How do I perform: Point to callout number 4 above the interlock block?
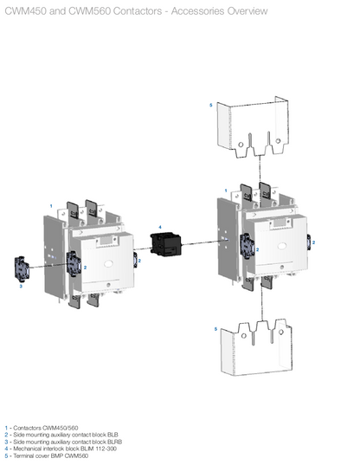coord(160,226)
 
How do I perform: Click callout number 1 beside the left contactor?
coord(51,205)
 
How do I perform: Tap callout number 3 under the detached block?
coord(21,286)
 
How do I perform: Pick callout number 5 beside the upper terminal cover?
coord(210,105)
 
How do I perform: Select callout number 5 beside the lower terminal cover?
coord(215,329)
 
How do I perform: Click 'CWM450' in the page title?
coord(25,10)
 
